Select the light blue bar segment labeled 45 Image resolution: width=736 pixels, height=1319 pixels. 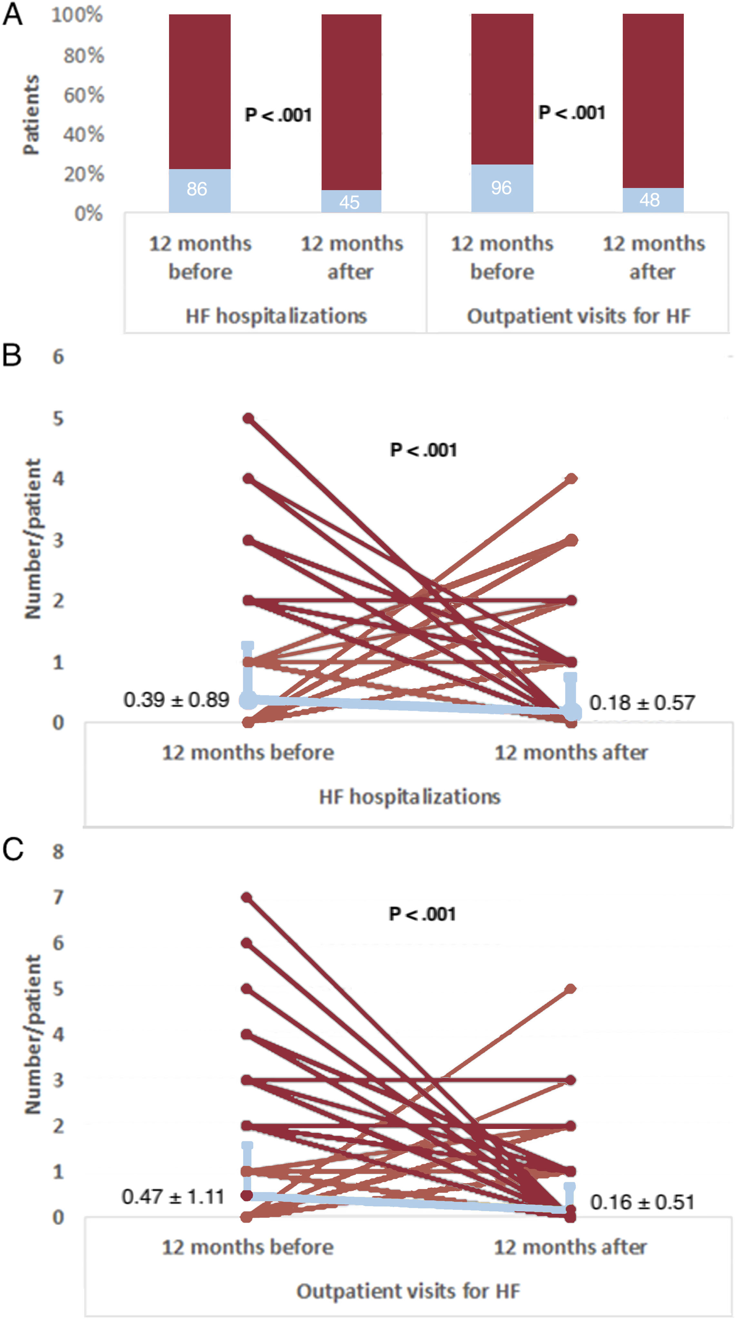351,201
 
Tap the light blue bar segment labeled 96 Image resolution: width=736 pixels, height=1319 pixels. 502,188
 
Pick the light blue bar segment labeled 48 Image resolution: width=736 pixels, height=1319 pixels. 652,200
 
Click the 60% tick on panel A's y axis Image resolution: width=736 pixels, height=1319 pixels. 84,95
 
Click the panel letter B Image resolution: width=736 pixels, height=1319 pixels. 12,355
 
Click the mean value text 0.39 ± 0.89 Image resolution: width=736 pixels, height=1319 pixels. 176,699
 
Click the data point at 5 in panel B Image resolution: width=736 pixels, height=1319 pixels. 248,418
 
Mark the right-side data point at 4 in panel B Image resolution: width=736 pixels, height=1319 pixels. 571,479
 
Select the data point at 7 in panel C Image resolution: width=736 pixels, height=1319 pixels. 247,897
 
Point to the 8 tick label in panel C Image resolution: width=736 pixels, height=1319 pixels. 58,851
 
